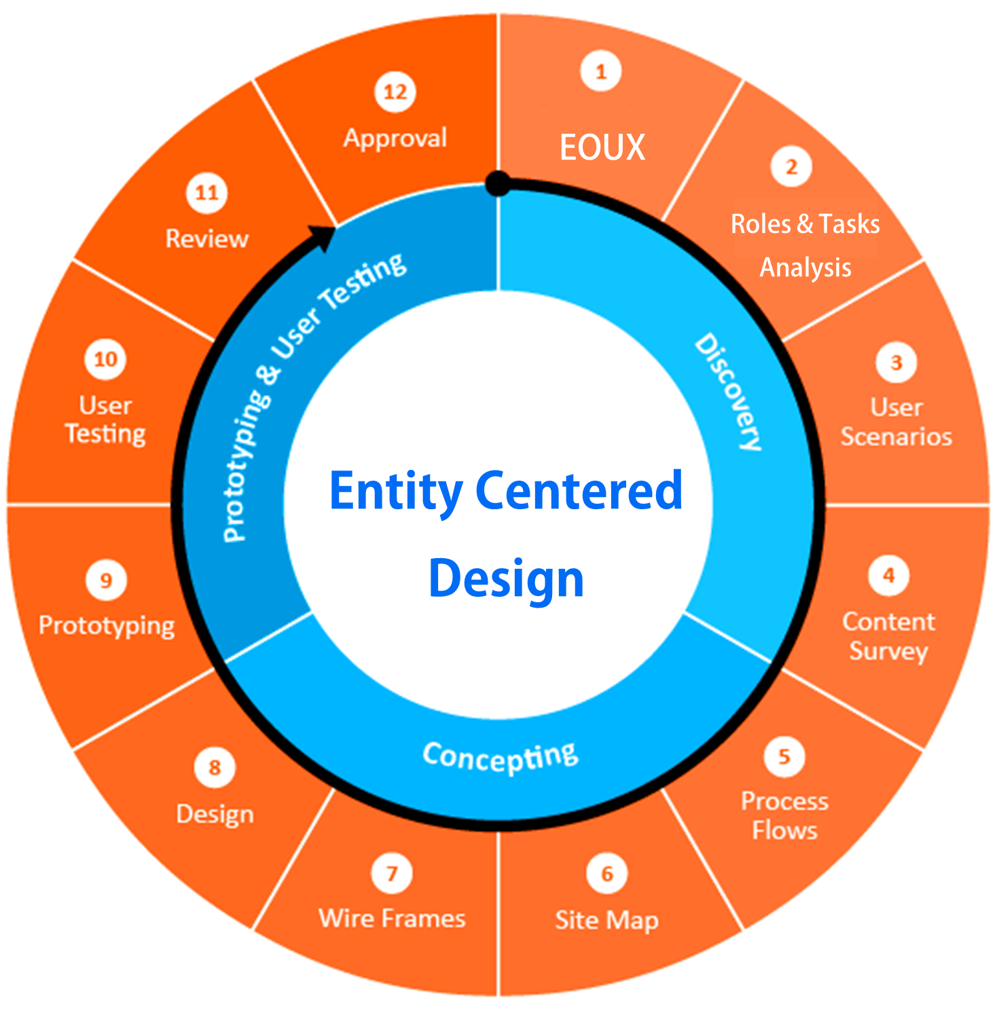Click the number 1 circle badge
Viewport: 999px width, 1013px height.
[x=600, y=71]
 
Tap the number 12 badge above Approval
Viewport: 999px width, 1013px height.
[x=395, y=92]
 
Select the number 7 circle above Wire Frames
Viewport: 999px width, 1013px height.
[x=392, y=873]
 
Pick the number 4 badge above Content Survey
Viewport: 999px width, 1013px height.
[x=888, y=576]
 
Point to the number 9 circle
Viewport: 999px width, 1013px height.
[x=106, y=581]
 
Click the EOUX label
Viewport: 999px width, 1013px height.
[x=602, y=147]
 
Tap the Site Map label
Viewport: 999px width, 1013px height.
[x=606, y=920]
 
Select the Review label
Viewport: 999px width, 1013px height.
[x=207, y=239]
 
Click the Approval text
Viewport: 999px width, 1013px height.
[x=395, y=139]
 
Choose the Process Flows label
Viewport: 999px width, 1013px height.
[x=784, y=815]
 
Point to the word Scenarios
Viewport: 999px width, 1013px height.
[x=896, y=437]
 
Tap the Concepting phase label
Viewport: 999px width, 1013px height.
[x=501, y=756]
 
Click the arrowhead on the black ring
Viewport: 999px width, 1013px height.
[x=323, y=237]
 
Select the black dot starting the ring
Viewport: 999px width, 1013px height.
[x=498, y=183]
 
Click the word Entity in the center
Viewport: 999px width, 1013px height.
[x=396, y=491]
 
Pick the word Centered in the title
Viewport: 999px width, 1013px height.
[x=579, y=491]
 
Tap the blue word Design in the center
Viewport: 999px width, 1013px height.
[x=506, y=579]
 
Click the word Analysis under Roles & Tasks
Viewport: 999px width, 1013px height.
[x=805, y=268]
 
